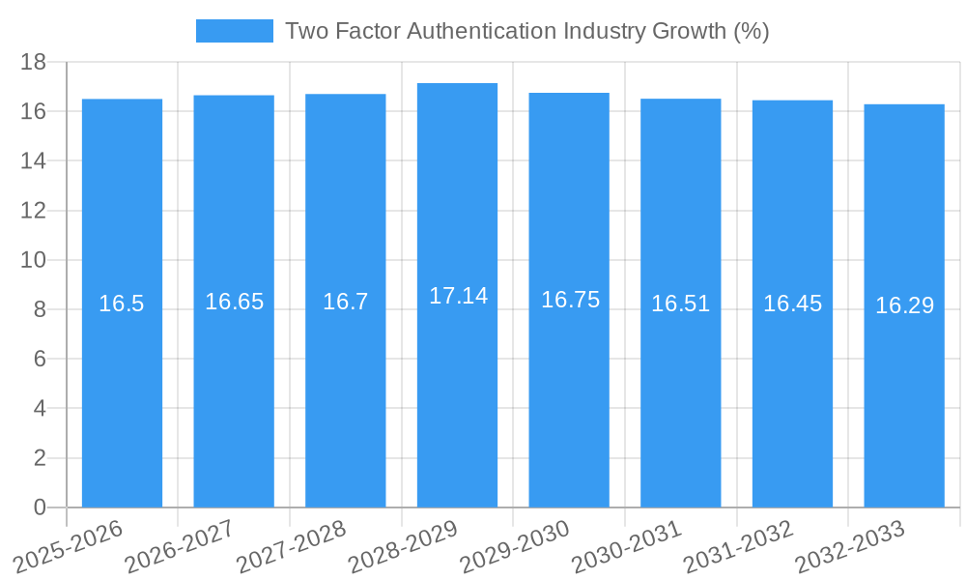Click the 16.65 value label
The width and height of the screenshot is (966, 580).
tap(234, 302)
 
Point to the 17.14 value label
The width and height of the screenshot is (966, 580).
tap(458, 296)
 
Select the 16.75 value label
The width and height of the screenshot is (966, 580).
tap(570, 300)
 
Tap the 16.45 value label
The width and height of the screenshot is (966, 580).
tap(792, 304)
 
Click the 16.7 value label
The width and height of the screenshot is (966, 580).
tap(345, 302)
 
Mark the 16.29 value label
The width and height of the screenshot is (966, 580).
tap(904, 305)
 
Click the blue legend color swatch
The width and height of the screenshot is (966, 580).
tap(234, 31)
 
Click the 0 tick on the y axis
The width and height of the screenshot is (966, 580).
tap(40, 507)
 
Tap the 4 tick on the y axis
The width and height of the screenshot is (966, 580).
tap(40, 408)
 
